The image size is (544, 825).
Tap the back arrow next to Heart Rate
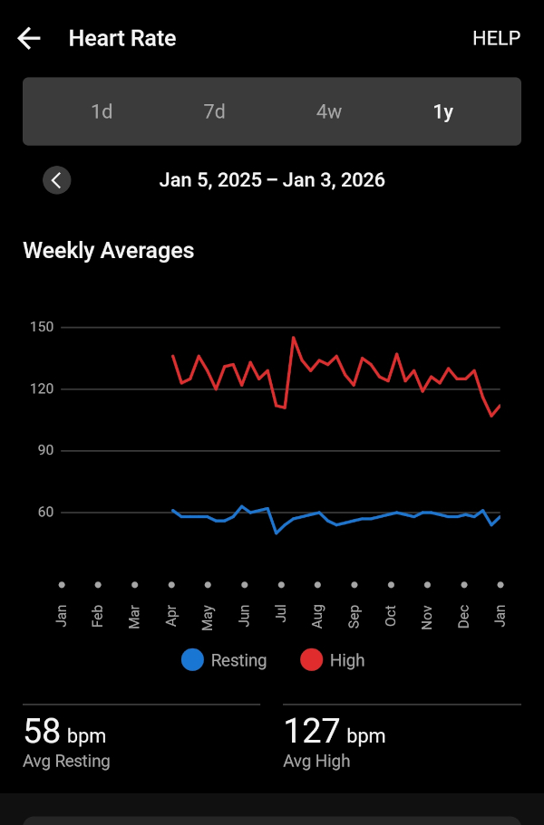pyautogui.click(x=29, y=38)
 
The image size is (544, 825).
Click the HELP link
pyautogui.click(x=496, y=38)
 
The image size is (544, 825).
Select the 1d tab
pyautogui.click(x=102, y=111)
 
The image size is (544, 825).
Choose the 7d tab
pyautogui.click(x=214, y=111)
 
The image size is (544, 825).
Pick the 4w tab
pyautogui.click(x=329, y=111)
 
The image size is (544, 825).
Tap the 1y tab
pyautogui.click(x=442, y=111)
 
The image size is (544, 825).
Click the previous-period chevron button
pyautogui.click(x=56, y=180)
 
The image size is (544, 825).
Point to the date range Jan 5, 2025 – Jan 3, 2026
pyautogui.click(x=272, y=180)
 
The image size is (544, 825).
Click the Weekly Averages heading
pyautogui.click(x=108, y=250)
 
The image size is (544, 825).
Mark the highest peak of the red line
pyautogui.click(x=294, y=338)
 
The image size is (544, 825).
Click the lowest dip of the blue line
pyautogui.click(x=277, y=532)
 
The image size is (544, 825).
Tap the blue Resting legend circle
pyautogui.click(x=192, y=660)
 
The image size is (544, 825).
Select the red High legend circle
pyautogui.click(x=311, y=660)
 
